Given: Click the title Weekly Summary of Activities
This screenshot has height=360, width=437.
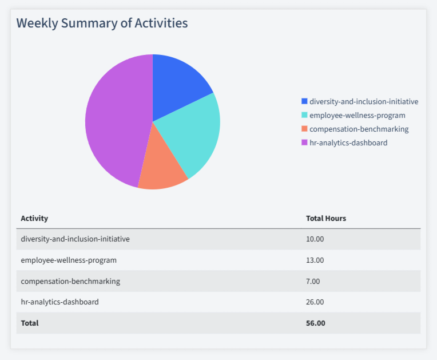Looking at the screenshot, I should pos(102,23).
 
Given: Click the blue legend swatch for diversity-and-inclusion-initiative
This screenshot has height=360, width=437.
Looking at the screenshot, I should pos(304,101).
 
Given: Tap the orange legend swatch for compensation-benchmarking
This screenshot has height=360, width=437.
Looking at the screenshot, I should pos(304,129).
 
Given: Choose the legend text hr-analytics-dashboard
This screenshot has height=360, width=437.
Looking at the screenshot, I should pos(348,143).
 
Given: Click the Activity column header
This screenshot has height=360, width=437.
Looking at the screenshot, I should pos(34,218).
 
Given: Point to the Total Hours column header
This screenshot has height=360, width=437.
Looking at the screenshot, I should pos(325,218).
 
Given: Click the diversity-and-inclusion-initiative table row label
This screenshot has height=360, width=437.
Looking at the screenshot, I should pos(75,239).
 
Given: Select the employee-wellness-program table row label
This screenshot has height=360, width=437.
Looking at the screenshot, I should pos(69,260).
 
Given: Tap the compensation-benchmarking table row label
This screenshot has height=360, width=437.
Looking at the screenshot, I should pos(70,281).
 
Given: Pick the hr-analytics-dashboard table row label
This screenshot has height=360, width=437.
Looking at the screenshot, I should pos(59,302).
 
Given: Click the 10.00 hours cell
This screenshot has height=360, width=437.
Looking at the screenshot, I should pos(315,239).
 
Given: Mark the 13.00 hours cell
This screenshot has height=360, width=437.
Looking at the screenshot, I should pos(315,260).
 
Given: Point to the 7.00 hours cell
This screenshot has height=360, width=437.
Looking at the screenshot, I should pos(313,281).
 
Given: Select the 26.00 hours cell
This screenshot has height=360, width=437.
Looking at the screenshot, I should pos(315,302).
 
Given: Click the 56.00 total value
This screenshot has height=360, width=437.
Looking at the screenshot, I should pos(315,323).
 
